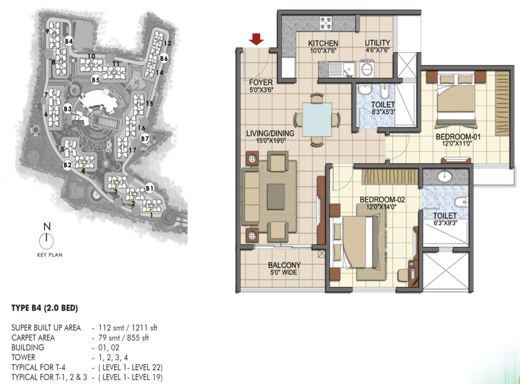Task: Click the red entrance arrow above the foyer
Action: click(x=257, y=39)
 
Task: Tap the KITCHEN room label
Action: click(x=323, y=43)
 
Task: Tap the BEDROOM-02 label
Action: click(x=382, y=199)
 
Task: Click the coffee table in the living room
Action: click(x=276, y=196)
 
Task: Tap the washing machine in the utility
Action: click(x=367, y=68)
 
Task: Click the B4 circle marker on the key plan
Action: click(x=69, y=41)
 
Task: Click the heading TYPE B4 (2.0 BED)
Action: click(x=44, y=308)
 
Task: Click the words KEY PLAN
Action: click(x=49, y=254)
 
